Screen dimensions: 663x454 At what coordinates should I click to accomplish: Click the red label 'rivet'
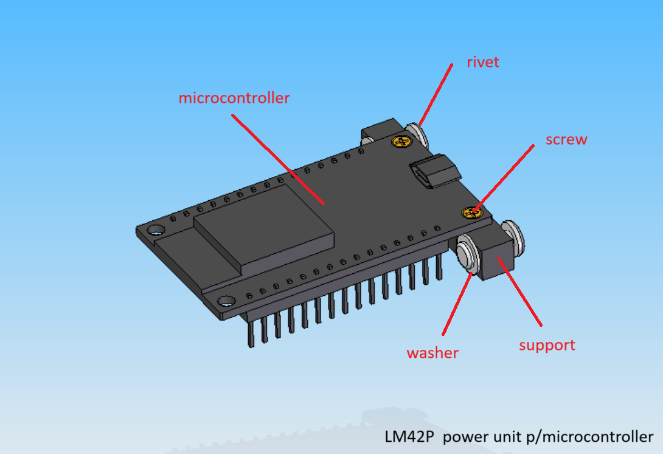click(x=482, y=62)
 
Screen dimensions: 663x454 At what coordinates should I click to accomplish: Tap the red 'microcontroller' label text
click(x=234, y=98)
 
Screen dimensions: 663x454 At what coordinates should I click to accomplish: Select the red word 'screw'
click(x=566, y=139)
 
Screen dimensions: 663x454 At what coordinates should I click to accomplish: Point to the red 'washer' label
click(x=432, y=353)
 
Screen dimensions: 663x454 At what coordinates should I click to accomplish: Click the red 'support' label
click(x=547, y=346)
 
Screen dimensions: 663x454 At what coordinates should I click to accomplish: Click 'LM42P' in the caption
click(x=409, y=436)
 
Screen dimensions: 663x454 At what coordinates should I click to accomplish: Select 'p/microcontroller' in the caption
click(x=589, y=437)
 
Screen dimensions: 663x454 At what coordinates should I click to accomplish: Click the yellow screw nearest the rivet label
click(x=401, y=141)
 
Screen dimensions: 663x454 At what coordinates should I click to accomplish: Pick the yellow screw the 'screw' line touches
click(x=472, y=212)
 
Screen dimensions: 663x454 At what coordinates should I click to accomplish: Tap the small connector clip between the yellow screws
click(x=435, y=172)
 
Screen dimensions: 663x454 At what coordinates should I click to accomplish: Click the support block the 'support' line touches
click(x=498, y=256)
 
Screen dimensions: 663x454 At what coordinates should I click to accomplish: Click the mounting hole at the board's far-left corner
click(x=156, y=231)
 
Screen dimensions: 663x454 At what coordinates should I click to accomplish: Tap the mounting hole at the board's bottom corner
click(x=226, y=301)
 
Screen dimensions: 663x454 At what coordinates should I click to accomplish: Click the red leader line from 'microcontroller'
click(x=278, y=159)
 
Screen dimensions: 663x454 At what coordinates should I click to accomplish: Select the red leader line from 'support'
click(x=519, y=292)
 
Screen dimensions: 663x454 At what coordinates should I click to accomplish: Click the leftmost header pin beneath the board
click(x=251, y=334)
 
